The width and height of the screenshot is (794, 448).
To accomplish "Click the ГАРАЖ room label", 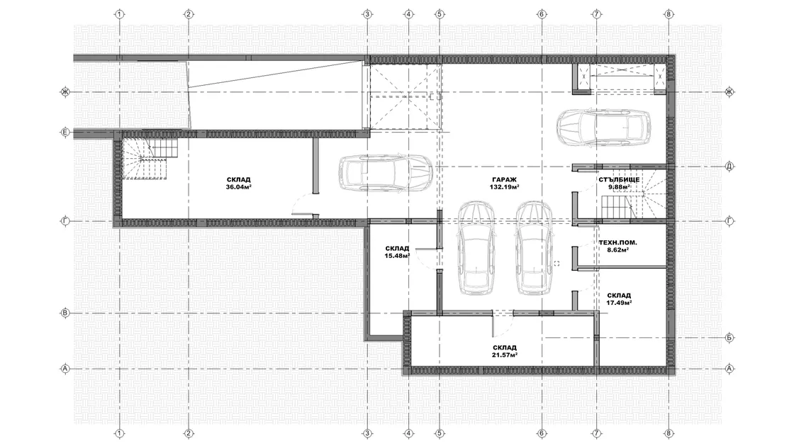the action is pos(504,180).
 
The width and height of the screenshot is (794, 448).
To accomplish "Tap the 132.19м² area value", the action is pos(504,187).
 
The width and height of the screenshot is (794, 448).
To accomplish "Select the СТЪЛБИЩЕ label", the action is pos(619,180).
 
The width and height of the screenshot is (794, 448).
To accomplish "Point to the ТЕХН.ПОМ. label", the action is pos(617,242).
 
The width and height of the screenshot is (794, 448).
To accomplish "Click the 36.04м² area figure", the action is pos(239,187).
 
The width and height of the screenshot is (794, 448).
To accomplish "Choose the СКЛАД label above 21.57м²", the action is pos(504,348).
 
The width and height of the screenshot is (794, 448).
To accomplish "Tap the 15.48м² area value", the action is pos(397,256).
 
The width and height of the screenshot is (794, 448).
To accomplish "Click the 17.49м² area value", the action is pos(619,303).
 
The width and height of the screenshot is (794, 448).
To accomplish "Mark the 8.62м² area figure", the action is pos(617,250).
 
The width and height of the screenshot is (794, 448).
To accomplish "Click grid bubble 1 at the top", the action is pos(120,14).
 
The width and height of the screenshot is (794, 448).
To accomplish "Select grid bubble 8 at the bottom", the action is pos(669,433).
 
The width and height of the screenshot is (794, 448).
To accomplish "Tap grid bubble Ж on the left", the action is pos(65,92).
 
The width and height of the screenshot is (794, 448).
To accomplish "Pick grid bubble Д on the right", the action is pos(729,166).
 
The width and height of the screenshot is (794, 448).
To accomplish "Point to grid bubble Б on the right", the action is pos(729,337).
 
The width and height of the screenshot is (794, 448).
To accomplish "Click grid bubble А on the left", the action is pos(65,369).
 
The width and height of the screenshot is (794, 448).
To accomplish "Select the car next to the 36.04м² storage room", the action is pos(386,173).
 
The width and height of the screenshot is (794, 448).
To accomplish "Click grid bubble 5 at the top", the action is pos(440,14).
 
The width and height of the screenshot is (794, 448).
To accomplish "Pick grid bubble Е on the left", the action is pos(65,133).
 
